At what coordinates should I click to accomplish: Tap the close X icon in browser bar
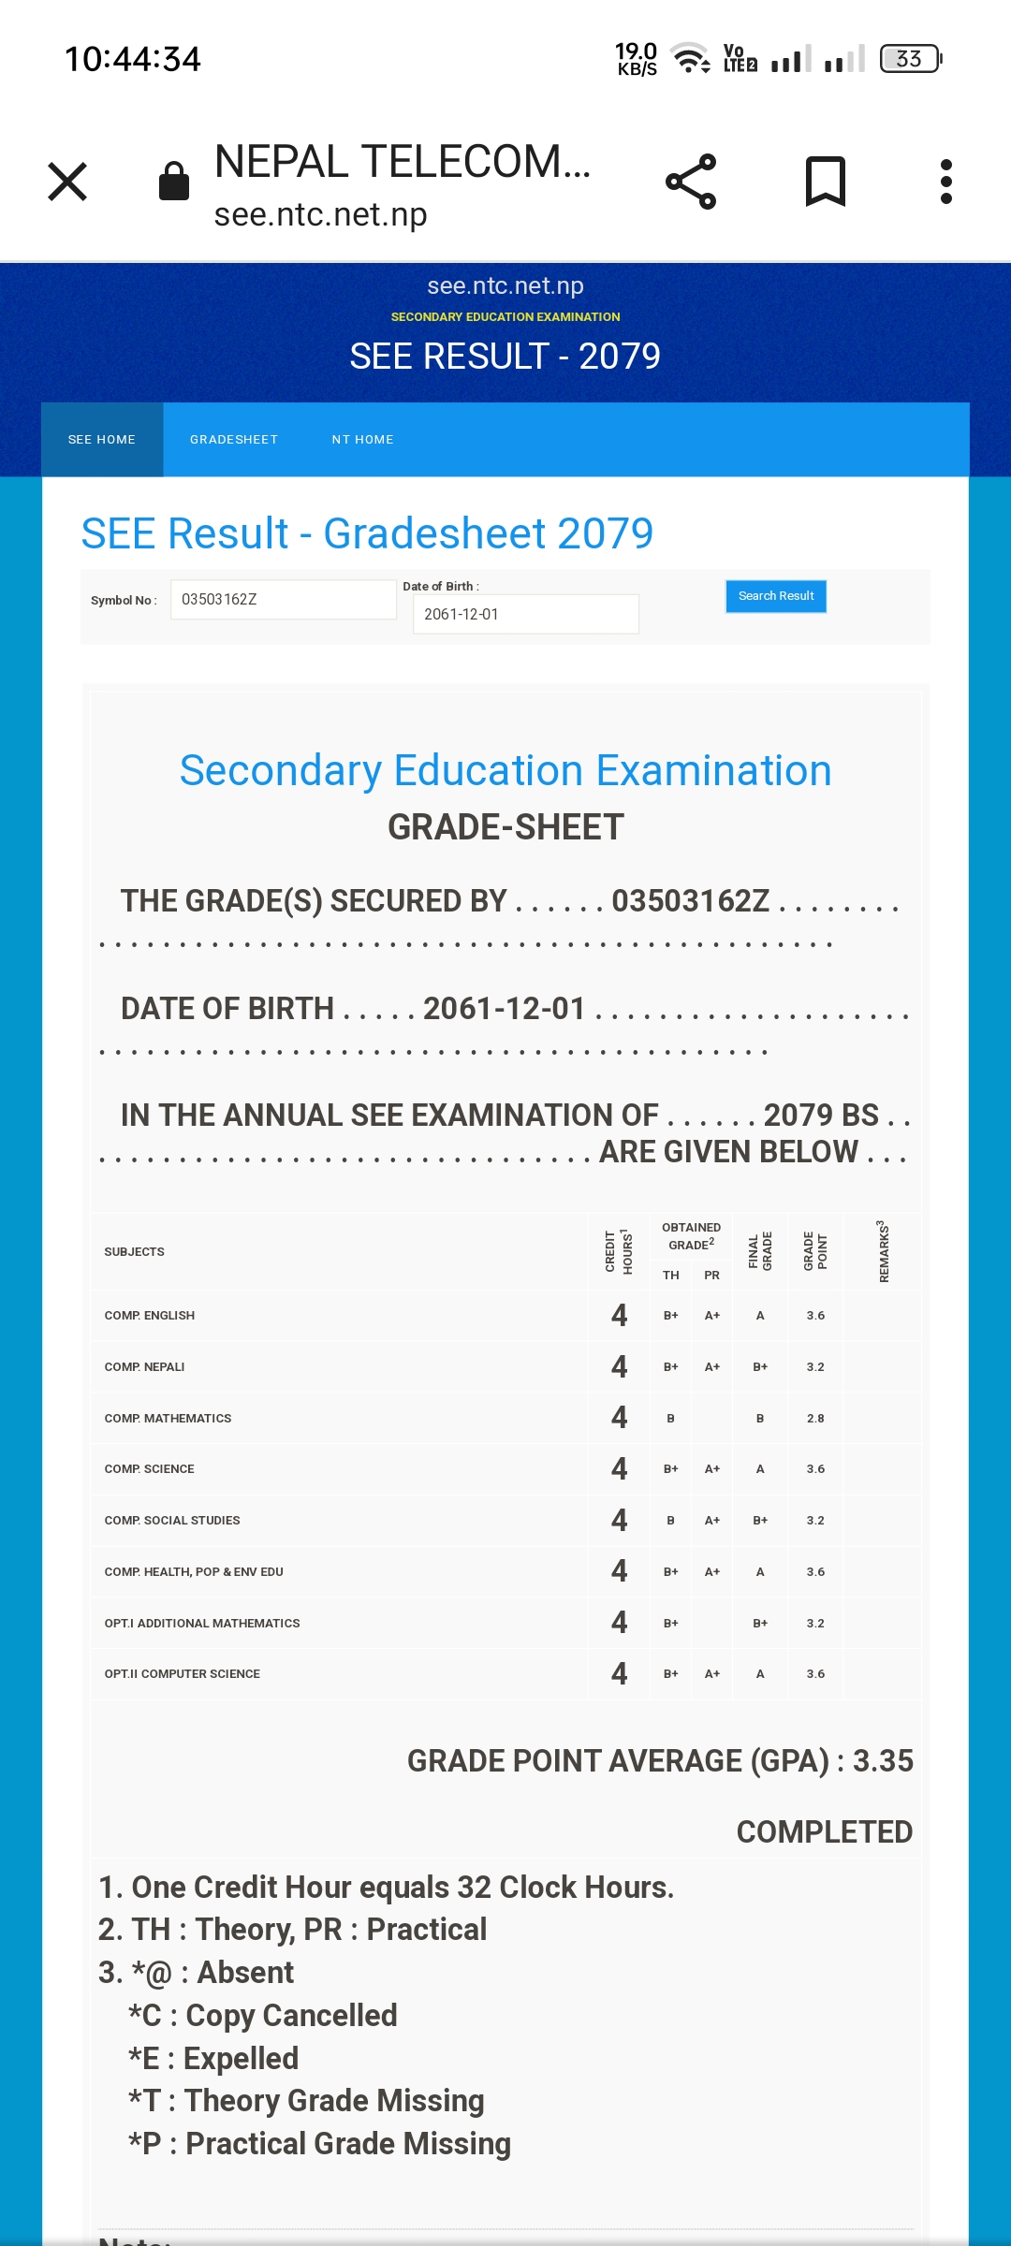click(x=67, y=182)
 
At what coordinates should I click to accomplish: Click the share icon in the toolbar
click(x=691, y=182)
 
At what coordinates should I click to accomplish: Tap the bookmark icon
click(x=825, y=182)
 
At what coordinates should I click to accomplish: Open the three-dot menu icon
click(x=946, y=182)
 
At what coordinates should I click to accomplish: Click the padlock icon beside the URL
click(x=174, y=182)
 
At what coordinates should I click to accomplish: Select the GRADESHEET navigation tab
click(x=234, y=440)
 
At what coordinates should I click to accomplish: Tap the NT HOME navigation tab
click(x=362, y=440)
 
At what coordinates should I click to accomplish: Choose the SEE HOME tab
click(x=102, y=440)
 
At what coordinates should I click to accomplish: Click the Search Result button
click(x=776, y=596)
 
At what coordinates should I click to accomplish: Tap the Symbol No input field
click(x=283, y=600)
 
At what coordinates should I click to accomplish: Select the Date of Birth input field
click(x=525, y=615)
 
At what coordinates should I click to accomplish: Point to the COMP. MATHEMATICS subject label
click(x=168, y=1419)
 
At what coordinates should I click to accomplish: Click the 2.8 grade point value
click(x=815, y=1419)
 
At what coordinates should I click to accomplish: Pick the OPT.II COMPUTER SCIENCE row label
click(x=183, y=1674)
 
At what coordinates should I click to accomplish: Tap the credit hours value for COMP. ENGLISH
click(x=619, y=1316)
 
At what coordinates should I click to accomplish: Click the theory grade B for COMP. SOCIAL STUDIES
click(x=670, y=1521)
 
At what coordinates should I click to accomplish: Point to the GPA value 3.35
click(x=883, y=1761)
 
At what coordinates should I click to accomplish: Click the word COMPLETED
click(x=824, y=1832)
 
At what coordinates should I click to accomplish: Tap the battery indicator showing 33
click(x=910, y=59)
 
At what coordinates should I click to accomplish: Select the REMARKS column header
click(x=883, y=1251)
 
